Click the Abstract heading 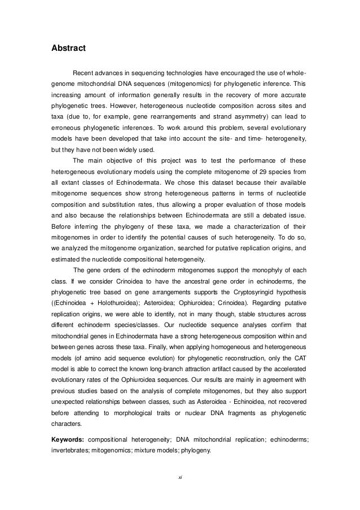[68, 49]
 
